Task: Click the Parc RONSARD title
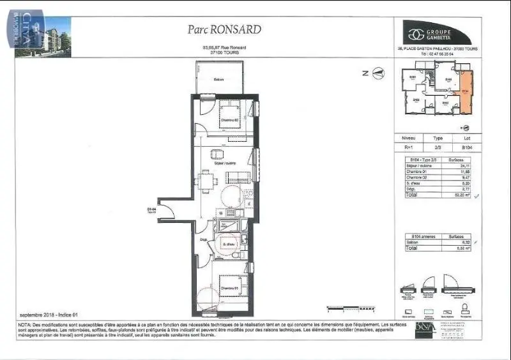point(224,29)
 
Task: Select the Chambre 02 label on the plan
point(229,120)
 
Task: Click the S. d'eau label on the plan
point(228,243)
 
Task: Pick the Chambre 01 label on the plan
point(229,289)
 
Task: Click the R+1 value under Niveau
point(408,147)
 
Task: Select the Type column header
point(438,137)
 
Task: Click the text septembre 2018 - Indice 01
point(48,315)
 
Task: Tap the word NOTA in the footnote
point(26,324)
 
